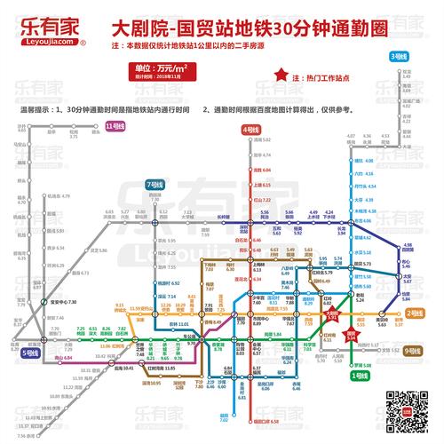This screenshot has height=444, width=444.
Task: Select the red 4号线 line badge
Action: (x=251, y=130)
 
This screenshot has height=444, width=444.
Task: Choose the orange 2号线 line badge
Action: (x=414, y=313)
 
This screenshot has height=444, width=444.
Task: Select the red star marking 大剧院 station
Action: (x=336, y=313)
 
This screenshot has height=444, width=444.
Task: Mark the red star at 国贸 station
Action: (x=352, y=329)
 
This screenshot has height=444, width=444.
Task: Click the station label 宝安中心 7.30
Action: (x=60, y=303)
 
